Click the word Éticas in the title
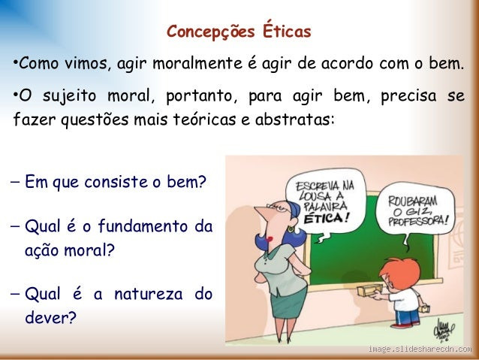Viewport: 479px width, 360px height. pyautogui.click(x=287, y=32)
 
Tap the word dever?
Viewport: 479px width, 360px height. pyautogui.click(x=50, y=317)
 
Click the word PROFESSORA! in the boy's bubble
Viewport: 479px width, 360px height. pyautogui.click(x=417, y=222)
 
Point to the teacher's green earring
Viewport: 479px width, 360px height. pyautogui.click(x=290, y=228)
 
